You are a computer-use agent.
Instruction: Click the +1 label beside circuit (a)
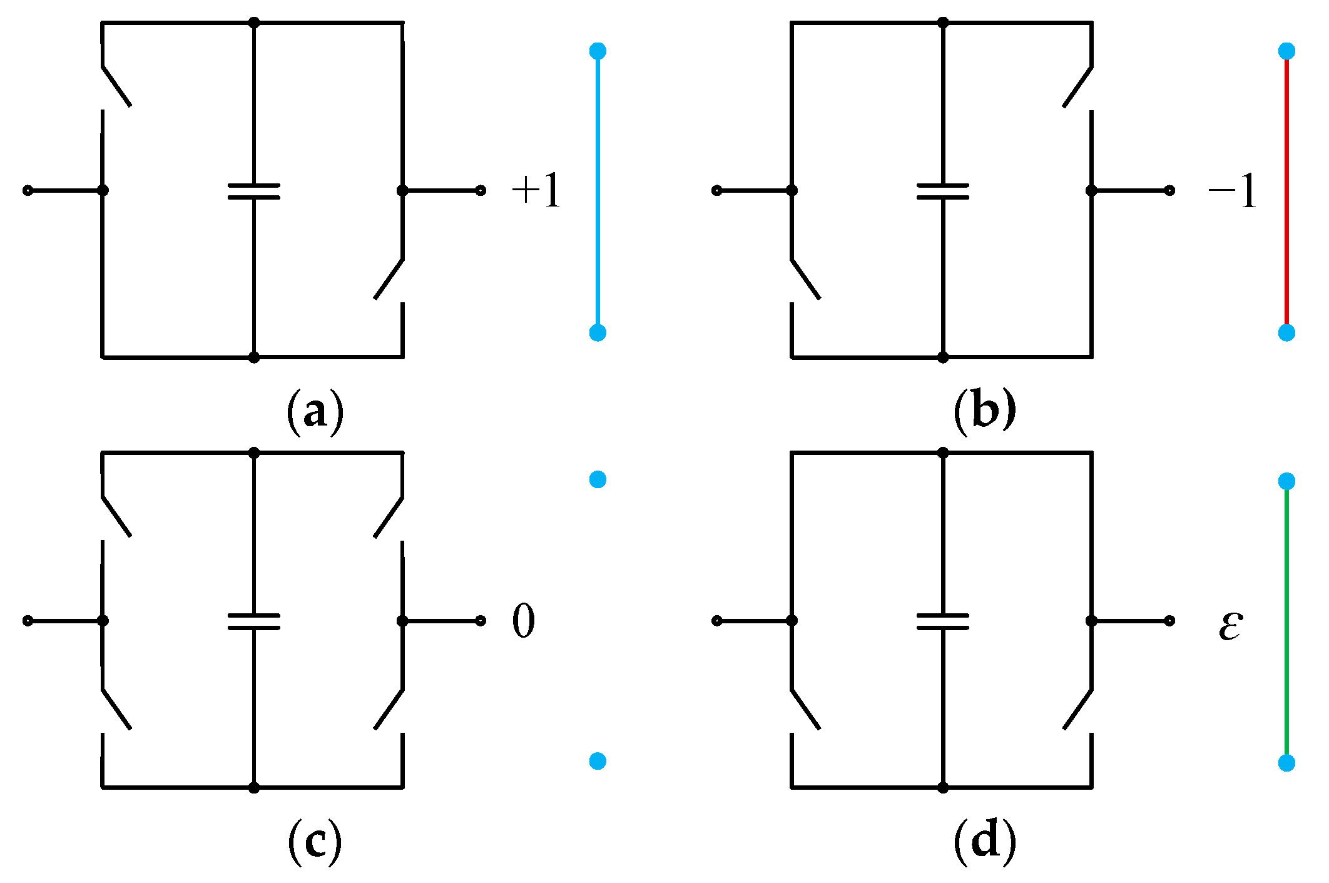point(537,190)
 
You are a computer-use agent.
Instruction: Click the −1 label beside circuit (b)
point(1232,190)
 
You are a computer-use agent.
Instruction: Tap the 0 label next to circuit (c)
point(524,621)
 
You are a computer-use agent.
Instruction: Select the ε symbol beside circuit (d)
point(1230,625)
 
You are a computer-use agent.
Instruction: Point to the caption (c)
point(315,842)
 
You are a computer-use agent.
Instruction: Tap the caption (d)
point(984,842)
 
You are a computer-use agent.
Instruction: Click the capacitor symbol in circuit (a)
point(253,191)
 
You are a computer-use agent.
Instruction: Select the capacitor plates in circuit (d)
point(942,621)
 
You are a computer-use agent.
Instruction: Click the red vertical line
point(1286,191)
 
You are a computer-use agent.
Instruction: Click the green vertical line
point(1286,622)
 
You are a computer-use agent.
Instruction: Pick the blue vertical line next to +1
point(598,191)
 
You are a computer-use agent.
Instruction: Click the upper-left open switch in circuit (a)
point(116,86)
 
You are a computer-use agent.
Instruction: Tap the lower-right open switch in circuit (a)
point(389,279)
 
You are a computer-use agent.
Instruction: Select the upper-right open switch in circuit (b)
point(1077,86)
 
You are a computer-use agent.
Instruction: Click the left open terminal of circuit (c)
point(28,621)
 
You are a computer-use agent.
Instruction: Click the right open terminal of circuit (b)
point(1169,190)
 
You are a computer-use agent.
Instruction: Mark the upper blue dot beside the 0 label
point(598,479)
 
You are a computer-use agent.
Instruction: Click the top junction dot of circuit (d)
point(942,452)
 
